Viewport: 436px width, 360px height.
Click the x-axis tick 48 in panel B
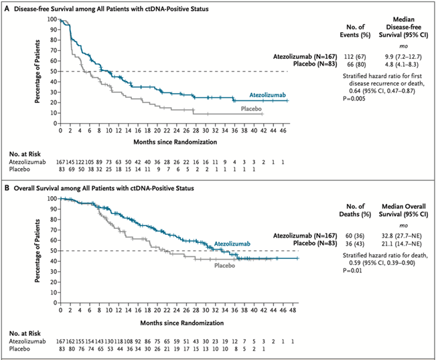(x=289, y=310)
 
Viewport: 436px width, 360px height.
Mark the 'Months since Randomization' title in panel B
(x=173, y=320)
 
